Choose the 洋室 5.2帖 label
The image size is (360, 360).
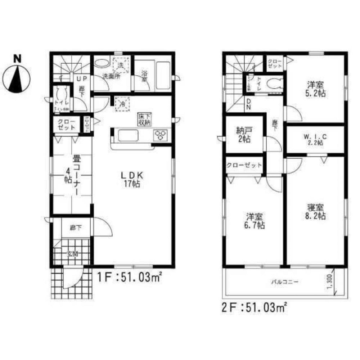[316, 89]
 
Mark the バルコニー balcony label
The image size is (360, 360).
[284, 281]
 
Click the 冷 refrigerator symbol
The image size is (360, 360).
[122, 104]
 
